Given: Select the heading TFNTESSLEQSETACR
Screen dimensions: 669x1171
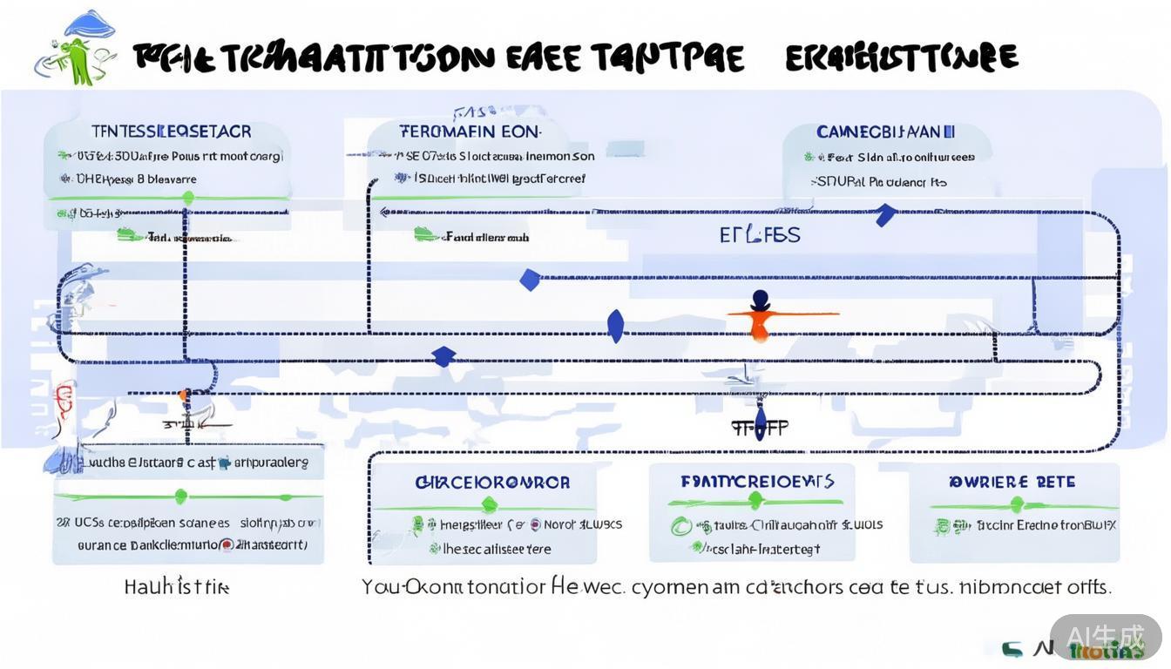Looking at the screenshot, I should (x=172, y=132).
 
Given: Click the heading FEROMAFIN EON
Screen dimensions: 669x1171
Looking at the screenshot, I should (x=470, y=132).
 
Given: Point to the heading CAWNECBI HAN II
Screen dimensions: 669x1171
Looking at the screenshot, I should (x=885, y=132).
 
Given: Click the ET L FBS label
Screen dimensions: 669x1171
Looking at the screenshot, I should (x=760, y=235).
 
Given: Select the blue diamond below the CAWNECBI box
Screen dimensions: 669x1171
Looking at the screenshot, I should (x=885, y=214).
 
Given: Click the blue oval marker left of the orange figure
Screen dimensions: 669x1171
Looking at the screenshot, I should (x=615, y=325).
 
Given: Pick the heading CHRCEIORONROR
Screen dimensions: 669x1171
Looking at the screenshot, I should (x=491, y=482).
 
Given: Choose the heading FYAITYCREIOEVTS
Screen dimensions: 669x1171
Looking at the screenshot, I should (x=757, y=481).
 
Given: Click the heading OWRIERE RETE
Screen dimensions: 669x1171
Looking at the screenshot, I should (x=1012, y=482).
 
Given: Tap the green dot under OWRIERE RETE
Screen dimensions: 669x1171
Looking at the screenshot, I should (x=1015, y=504).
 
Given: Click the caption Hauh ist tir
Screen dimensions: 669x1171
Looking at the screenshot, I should (x=177, y=587).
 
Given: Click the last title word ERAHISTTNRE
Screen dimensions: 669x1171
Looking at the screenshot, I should (x=901, y=57).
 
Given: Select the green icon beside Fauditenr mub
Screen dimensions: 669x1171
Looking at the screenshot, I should (x=425, y=234).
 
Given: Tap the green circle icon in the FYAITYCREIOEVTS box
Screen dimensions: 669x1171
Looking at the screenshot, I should (x=680, y=525).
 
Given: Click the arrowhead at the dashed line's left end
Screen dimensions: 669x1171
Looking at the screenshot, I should (x=383, y=212).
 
